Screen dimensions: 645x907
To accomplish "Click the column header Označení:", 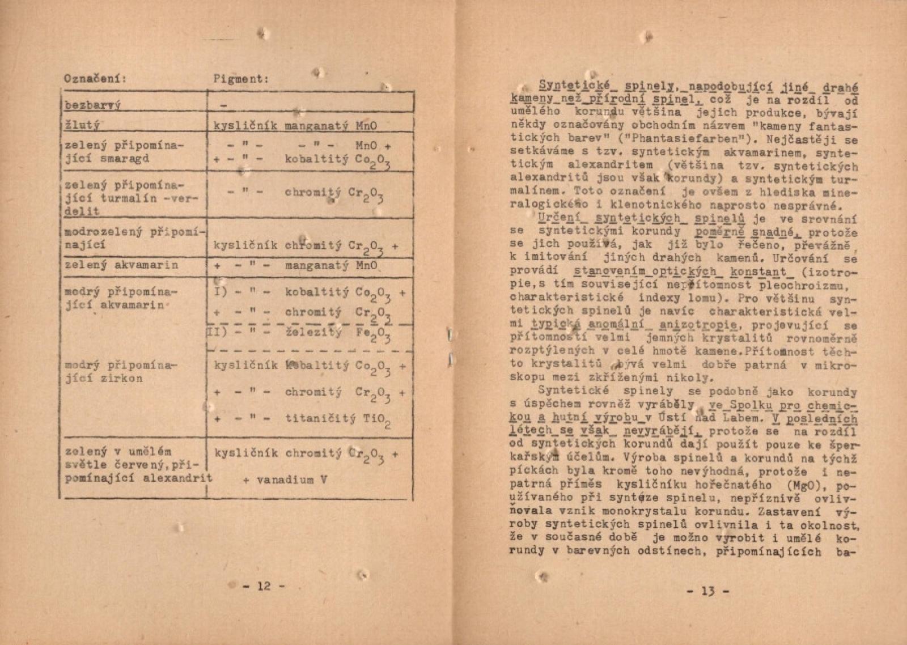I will pyautogui.click(x=95, y=78).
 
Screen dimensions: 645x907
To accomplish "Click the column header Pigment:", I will pyautogui.click(x=240, y=79).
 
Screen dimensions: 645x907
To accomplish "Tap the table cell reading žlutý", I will pyautogui.click(x=83, y=125).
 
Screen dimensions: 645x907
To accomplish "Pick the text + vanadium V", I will pyautogui.click(x=285, y=479).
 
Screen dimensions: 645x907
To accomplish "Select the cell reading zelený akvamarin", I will pyautogui.click(x=121, y=265).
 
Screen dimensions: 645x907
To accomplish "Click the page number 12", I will pyautogui.click(x=264, y=586).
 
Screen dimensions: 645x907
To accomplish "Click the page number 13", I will pyautogui.click(x=708, y=592).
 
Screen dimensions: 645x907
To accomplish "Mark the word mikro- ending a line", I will pyautogui.click(x=836, y=366).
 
